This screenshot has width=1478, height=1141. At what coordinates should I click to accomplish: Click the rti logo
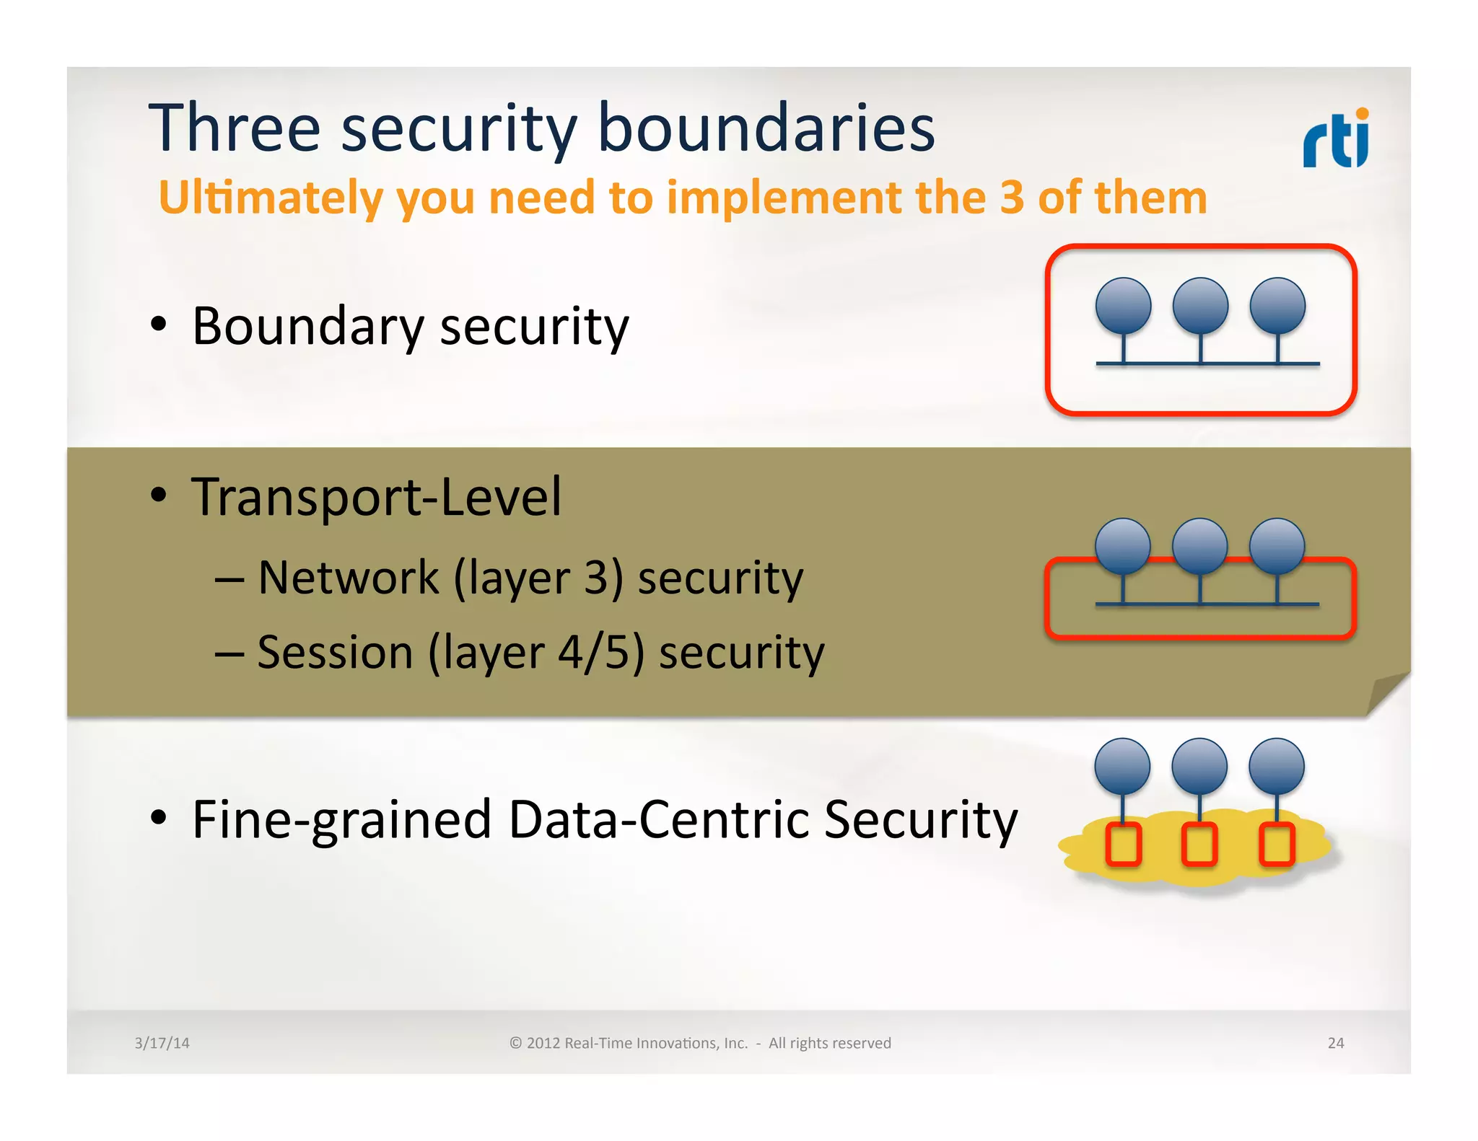coord(1335,138)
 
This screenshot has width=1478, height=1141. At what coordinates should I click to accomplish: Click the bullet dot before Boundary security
coord(159,324)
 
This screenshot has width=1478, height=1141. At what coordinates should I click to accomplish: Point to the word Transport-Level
coord(376,497)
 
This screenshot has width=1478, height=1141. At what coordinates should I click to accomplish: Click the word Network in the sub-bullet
coord(349,578)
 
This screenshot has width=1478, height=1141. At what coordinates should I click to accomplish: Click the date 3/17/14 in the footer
coord(162,1043)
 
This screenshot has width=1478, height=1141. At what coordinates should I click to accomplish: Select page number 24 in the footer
coord(1335,1043)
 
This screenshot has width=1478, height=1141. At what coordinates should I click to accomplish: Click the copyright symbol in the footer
coord(515,1043)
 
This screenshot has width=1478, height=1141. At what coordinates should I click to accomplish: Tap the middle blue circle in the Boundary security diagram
coord(1200,306)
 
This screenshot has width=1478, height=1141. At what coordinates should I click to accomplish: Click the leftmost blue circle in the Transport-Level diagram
coord(1123,546)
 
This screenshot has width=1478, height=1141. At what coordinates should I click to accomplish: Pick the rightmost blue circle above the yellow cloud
coord(1277,766)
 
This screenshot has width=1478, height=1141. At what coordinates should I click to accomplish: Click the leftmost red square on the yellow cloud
coord(1124,844)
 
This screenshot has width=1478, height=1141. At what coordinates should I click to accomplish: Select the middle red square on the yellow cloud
coord(1199,844)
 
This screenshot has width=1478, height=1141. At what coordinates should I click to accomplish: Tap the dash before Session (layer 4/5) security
coord(229,653)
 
